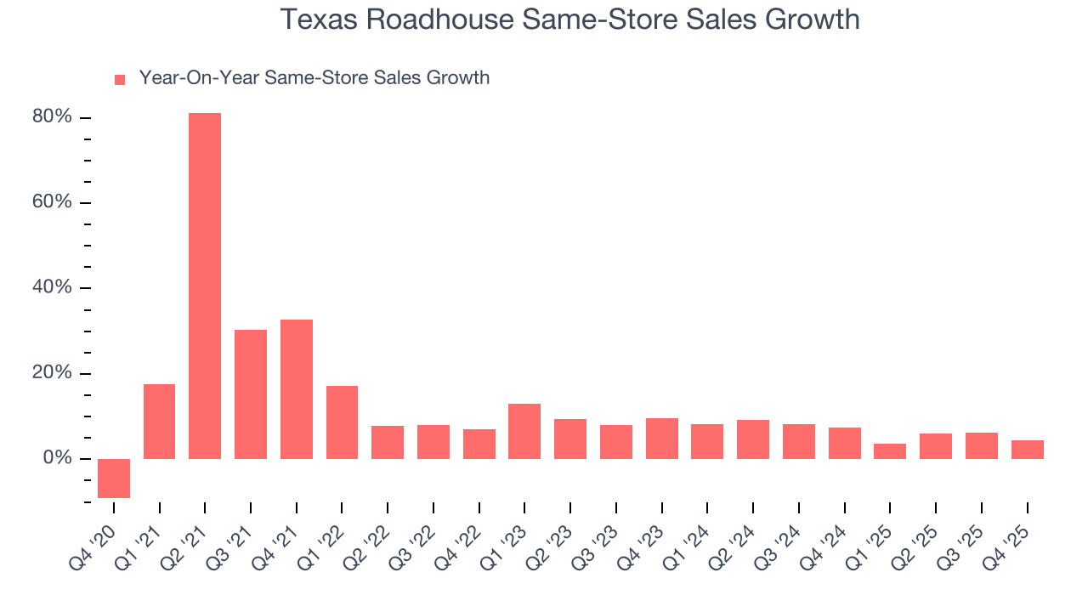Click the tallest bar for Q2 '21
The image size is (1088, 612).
coord(205,286)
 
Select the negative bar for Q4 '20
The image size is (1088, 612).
coord(114,479)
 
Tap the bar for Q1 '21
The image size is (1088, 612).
coord(160,422)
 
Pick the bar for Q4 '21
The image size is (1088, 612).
coord(297,389)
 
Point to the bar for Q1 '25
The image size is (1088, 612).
coord(890,451)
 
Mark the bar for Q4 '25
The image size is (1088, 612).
coord(1027,450)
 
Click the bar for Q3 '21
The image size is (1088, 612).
coord(251,394)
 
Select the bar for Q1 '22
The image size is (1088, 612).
coord(342,422)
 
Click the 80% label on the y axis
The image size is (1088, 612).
coord(52,117)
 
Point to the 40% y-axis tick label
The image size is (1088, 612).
coord(52,287)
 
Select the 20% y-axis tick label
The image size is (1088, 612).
coord(52,373)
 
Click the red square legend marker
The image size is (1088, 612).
coord(120,80)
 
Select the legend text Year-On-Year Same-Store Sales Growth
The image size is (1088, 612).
coord(314,78)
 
